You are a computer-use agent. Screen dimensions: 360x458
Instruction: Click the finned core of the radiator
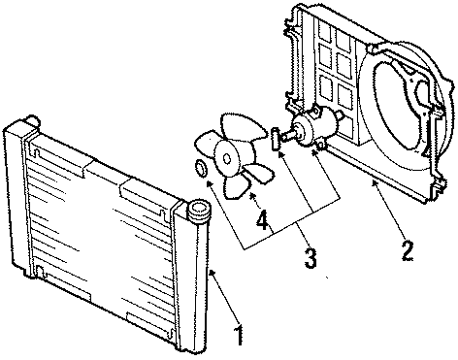[107, 233]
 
